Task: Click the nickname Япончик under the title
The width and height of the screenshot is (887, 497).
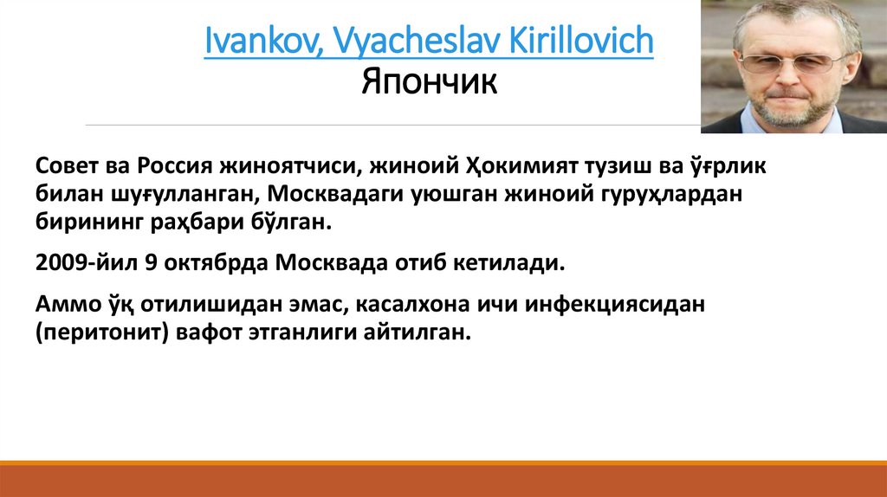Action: (x=429, y=84)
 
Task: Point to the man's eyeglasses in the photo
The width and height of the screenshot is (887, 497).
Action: (x=793, y=62)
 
